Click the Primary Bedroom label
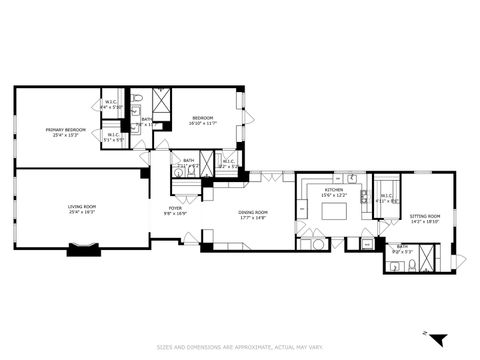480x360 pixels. [x=65, y=130]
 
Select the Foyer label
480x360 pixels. [x=175, y=208]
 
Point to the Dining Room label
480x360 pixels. [x=252, y=211]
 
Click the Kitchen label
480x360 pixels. [x=333, y=189]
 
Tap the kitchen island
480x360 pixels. [x=333, y=211]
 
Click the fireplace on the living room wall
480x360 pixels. [x=84, y=250]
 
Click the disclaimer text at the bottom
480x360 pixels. [x=239, y=347]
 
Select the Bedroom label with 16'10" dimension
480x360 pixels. [x=204, y=118]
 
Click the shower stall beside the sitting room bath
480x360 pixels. [x=427, y=259]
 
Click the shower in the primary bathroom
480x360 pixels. [x=161, y=103]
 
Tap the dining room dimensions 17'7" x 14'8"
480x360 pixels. [x=252, y=217]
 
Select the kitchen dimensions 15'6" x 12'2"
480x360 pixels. [x=333, y=195]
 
